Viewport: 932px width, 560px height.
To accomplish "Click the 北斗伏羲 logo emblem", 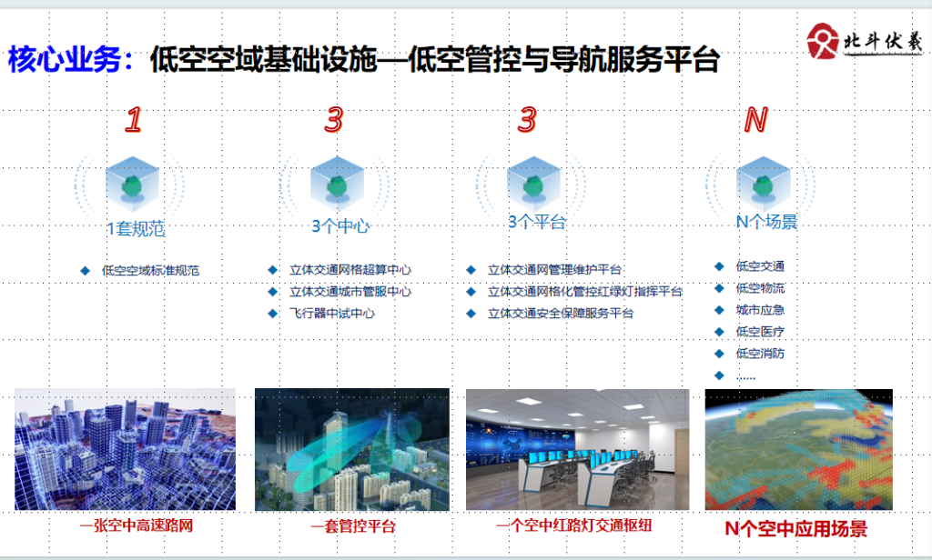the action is [x=823, y=40].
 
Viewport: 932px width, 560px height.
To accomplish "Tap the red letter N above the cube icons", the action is [x=756, y=120].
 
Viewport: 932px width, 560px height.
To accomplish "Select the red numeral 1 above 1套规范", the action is [x=134, y=119].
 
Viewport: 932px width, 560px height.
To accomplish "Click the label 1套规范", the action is [x=136, y=228].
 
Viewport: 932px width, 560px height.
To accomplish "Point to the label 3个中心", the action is [x=340, y=225].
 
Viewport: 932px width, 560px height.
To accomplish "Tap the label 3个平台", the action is [x=537, y=222].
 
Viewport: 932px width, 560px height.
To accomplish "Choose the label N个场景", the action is [x=766, y=222].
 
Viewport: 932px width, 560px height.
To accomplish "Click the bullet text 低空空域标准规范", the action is [x=150, y=270].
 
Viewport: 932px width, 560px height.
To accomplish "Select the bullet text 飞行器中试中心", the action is [x=332, y=313].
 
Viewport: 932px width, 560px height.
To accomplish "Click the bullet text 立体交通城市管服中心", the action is [x=350, y=292].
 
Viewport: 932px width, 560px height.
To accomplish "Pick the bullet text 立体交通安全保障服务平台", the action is [x=561, y=313].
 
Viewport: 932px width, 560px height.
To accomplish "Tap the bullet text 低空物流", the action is [x=760, y=288].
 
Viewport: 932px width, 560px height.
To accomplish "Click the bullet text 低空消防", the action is [x=760, y=354].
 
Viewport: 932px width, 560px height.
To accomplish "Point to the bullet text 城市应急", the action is [x=760, y=309].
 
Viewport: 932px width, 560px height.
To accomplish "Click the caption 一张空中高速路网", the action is [x=137, y=525].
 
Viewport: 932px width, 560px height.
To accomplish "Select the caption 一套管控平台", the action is [x=352, y=526].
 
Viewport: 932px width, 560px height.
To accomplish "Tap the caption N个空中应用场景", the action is [x=795, y=528].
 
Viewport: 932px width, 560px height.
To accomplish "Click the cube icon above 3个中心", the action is [x=337, y=185].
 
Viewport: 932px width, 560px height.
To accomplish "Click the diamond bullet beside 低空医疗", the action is [x=719, y=332].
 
